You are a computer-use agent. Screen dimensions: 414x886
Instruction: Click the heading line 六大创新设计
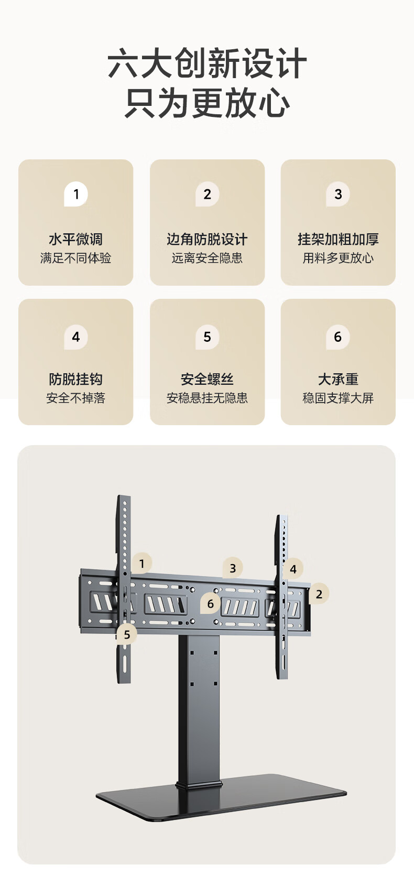pyautogui.click(x=207, y=63)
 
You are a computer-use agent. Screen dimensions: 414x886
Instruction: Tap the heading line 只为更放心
pyautogui.click(x=207, y=103)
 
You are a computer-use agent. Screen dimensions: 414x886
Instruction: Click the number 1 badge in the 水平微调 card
pyautogui.click(x=76, y=194)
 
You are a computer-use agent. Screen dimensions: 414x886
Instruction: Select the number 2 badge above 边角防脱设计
pyautogui.click(x=207, y=194)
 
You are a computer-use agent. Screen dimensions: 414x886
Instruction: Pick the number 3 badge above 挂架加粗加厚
pyautogui.click(x=338, y=194)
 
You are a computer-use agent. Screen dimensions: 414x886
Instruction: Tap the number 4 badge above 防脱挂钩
pyautogui.click(x=76, y=337)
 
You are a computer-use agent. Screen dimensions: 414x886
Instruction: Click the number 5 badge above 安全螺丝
pyautogui.click(x=207, y=337)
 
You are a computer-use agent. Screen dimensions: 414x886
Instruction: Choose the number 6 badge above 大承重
pyautogui.click(x=338, y=337)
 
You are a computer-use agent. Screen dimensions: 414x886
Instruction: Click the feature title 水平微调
pyautogui.click(x=75, y=239)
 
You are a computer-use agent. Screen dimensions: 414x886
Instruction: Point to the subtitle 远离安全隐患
pyautogui.click(x=207, y=258)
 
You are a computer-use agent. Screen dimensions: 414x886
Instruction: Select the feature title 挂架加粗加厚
pyautogui.click(x=338, y=239)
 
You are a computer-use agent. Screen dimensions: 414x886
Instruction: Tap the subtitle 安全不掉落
pyautogui.click(x=75, y=398)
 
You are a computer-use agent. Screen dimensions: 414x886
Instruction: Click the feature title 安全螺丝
pyautogui.click(x=207, y=380)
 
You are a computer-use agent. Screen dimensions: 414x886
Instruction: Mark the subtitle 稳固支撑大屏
pyautogui.click(x=338, y=398)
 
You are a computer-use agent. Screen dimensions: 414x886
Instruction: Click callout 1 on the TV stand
pyautogui.click(x=141, y=563)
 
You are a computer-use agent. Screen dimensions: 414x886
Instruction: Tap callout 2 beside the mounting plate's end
pyautogui.click(x=319, y=593)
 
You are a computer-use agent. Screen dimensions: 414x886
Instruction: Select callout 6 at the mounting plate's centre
pyautogui.click(x=210, y=603)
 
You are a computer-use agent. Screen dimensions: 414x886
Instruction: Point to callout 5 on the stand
pyautogui.click(x=126, y=634)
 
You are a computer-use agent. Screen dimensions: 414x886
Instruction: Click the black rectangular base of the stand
pyautogui.click(x=222, y=797)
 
